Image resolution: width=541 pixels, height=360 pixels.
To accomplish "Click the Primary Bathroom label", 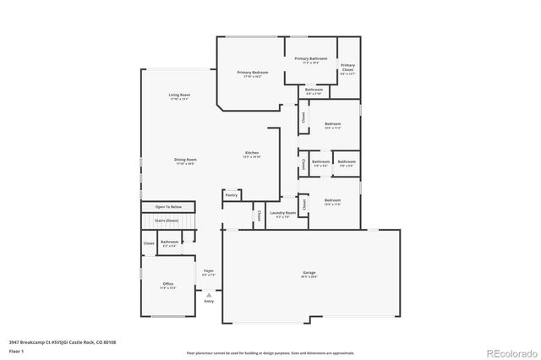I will (311, 60).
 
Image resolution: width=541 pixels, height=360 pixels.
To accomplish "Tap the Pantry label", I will (232, 195).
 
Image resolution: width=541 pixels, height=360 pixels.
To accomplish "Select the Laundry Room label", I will (283, 214).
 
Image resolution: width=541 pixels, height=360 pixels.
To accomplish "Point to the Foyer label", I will (208, 272).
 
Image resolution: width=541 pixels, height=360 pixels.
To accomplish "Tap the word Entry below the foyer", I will (209, 301).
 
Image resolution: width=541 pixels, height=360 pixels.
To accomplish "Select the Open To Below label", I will (168, 207).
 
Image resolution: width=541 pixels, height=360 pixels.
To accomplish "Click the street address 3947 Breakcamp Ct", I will (34, 342).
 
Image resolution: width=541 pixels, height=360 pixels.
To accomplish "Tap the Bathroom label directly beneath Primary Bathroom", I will (314, 90).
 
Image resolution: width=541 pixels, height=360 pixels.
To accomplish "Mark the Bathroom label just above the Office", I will (169, 243).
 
